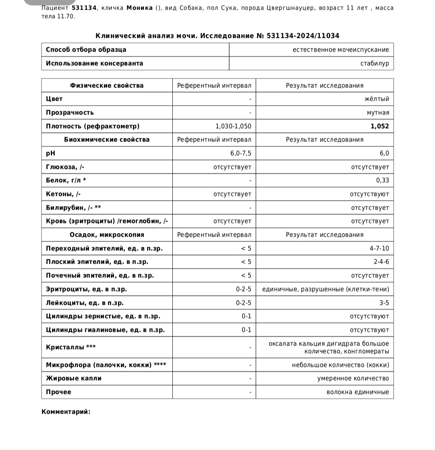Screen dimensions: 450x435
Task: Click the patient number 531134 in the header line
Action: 84,8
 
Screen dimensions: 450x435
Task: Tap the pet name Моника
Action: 139,8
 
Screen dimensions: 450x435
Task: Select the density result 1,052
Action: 379,126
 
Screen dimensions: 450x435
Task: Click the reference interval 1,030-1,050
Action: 233,126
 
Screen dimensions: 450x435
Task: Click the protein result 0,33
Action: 383,180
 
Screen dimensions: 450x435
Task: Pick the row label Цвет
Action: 54,99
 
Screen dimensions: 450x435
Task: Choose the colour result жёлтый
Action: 377,99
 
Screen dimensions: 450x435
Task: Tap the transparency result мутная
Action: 378,112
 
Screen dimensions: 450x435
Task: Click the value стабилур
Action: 375,63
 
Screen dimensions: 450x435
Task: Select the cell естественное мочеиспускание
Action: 341,50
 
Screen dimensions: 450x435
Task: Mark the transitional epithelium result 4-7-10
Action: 379,248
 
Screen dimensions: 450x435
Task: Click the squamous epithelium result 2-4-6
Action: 381,262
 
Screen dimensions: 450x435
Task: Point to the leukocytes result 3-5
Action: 384,303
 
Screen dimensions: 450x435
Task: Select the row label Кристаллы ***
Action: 71,347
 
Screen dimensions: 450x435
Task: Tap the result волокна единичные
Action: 358,392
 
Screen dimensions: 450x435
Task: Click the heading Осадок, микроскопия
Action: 107,235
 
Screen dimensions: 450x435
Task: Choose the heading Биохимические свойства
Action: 107,140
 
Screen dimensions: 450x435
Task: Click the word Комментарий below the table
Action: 66,412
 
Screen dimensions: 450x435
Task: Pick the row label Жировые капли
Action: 74,378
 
